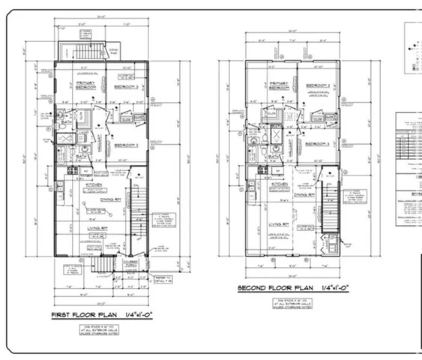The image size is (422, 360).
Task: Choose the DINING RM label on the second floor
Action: point(304,193)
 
